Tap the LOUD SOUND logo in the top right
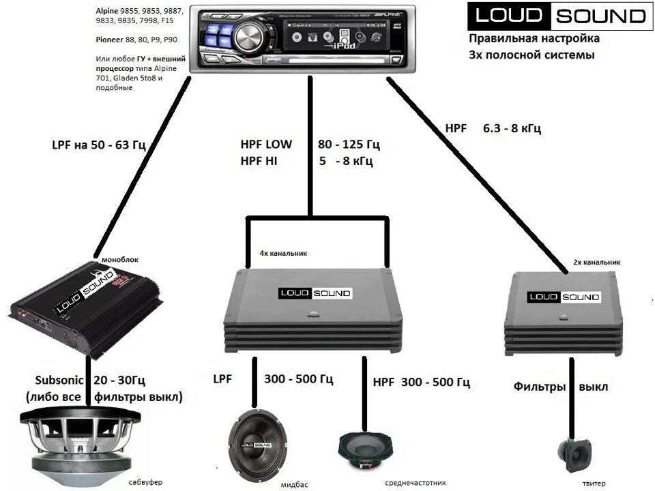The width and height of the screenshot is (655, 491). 557,16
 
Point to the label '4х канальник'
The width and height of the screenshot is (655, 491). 283,253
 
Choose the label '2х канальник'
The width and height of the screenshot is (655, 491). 596,261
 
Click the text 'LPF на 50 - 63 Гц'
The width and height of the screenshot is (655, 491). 99,145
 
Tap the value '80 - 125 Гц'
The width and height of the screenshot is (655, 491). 349,145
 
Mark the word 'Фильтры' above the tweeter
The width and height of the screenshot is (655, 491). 540,387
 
